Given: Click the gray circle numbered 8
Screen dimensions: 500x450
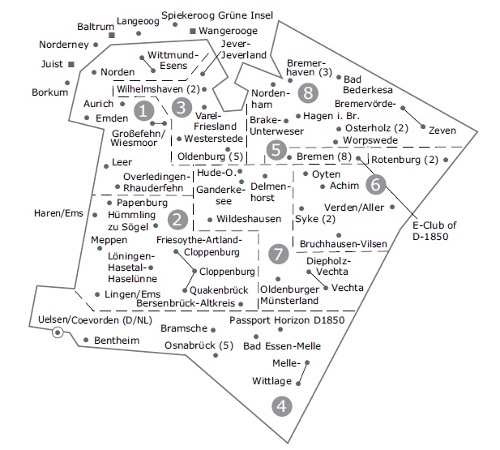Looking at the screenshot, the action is (x=308, y=93).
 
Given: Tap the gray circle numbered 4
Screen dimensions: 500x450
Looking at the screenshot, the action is (x=282, y=406).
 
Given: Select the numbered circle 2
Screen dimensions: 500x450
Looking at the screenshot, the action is (x=177, y=220).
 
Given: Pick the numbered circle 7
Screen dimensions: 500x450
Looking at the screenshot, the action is (x=279, y=254).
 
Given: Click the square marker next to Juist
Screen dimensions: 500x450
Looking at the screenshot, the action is (x=71, y=65).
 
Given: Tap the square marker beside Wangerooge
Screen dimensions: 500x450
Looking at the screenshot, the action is (x=193, y=31).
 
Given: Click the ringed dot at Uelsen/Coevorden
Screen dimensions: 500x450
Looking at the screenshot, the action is (x=58, y=332).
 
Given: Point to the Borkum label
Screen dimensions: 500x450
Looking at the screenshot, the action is (x=49, y=92).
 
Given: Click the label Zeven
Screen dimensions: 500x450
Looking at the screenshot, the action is (x=442, y=131).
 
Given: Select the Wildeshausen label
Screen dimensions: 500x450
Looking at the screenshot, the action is (x=249, y=219).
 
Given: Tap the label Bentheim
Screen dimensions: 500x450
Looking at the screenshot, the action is (x=117, y=341).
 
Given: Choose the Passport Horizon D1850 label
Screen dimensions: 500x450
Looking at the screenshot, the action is (x=287, y=319).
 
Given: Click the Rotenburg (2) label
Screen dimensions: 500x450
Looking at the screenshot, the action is (x=405, y=159).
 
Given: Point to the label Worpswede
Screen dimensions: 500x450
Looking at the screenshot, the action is (x=370, y=140).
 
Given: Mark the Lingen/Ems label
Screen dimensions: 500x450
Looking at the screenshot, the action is (x=132, y=294).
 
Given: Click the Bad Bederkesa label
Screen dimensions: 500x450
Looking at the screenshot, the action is (x=368, y=84).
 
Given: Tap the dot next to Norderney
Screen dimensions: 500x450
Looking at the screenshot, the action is (x=96, y=45).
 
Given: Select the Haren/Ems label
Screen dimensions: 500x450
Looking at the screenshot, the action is (x=58, y=213).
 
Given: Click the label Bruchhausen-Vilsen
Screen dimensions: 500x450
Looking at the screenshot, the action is (x=344, y=244).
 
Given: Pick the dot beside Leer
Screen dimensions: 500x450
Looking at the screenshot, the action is (x=106, y=166).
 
